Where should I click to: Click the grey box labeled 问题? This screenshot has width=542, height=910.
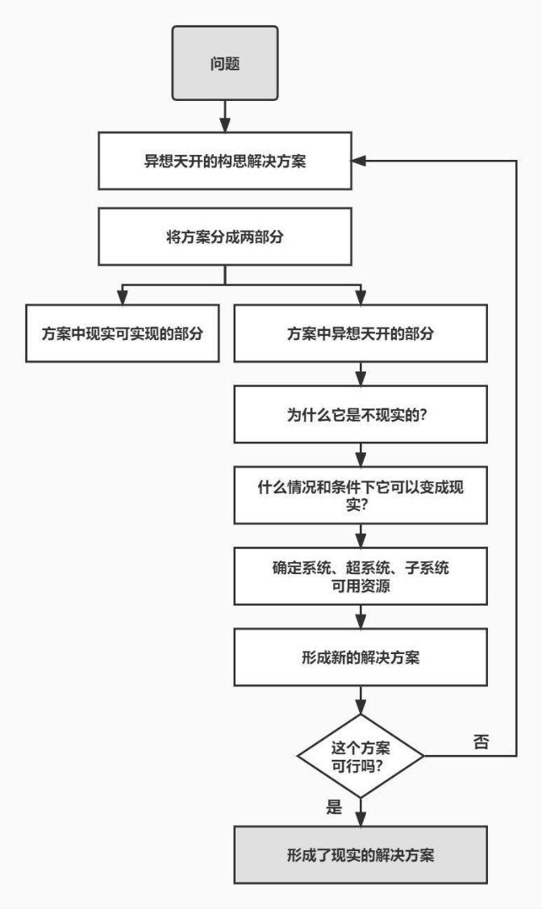pos(225,63)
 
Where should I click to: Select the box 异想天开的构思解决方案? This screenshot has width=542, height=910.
pos(225,161)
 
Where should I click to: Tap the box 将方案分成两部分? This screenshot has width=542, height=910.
pos(225,237)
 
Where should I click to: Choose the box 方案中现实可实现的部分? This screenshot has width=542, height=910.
pos(123,333)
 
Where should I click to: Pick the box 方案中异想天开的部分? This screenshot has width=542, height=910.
pos(361,333)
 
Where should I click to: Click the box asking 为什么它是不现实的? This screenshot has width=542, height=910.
pos(361,414)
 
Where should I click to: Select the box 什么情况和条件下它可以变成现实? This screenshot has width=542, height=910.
pos(361,495)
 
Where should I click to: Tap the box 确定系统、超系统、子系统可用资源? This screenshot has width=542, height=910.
pos(361,577)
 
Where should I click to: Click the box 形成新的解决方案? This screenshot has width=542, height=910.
pos(361,657)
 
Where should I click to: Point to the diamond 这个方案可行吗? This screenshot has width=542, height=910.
pos(361,757)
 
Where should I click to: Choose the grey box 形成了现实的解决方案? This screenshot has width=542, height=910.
pos(361,855)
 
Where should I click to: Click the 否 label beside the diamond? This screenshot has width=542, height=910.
pos(482,742)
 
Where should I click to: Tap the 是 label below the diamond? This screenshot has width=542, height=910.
pos(335,807)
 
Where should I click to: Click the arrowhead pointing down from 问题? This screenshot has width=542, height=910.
pos(225,125)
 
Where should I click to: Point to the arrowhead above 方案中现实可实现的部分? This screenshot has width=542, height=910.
pos(123,298)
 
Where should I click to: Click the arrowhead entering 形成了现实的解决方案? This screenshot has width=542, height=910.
pos(361,819)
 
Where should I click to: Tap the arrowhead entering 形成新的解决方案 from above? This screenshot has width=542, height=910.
pos(361,622)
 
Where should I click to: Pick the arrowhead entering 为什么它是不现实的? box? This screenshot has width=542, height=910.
pos(361,379)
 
